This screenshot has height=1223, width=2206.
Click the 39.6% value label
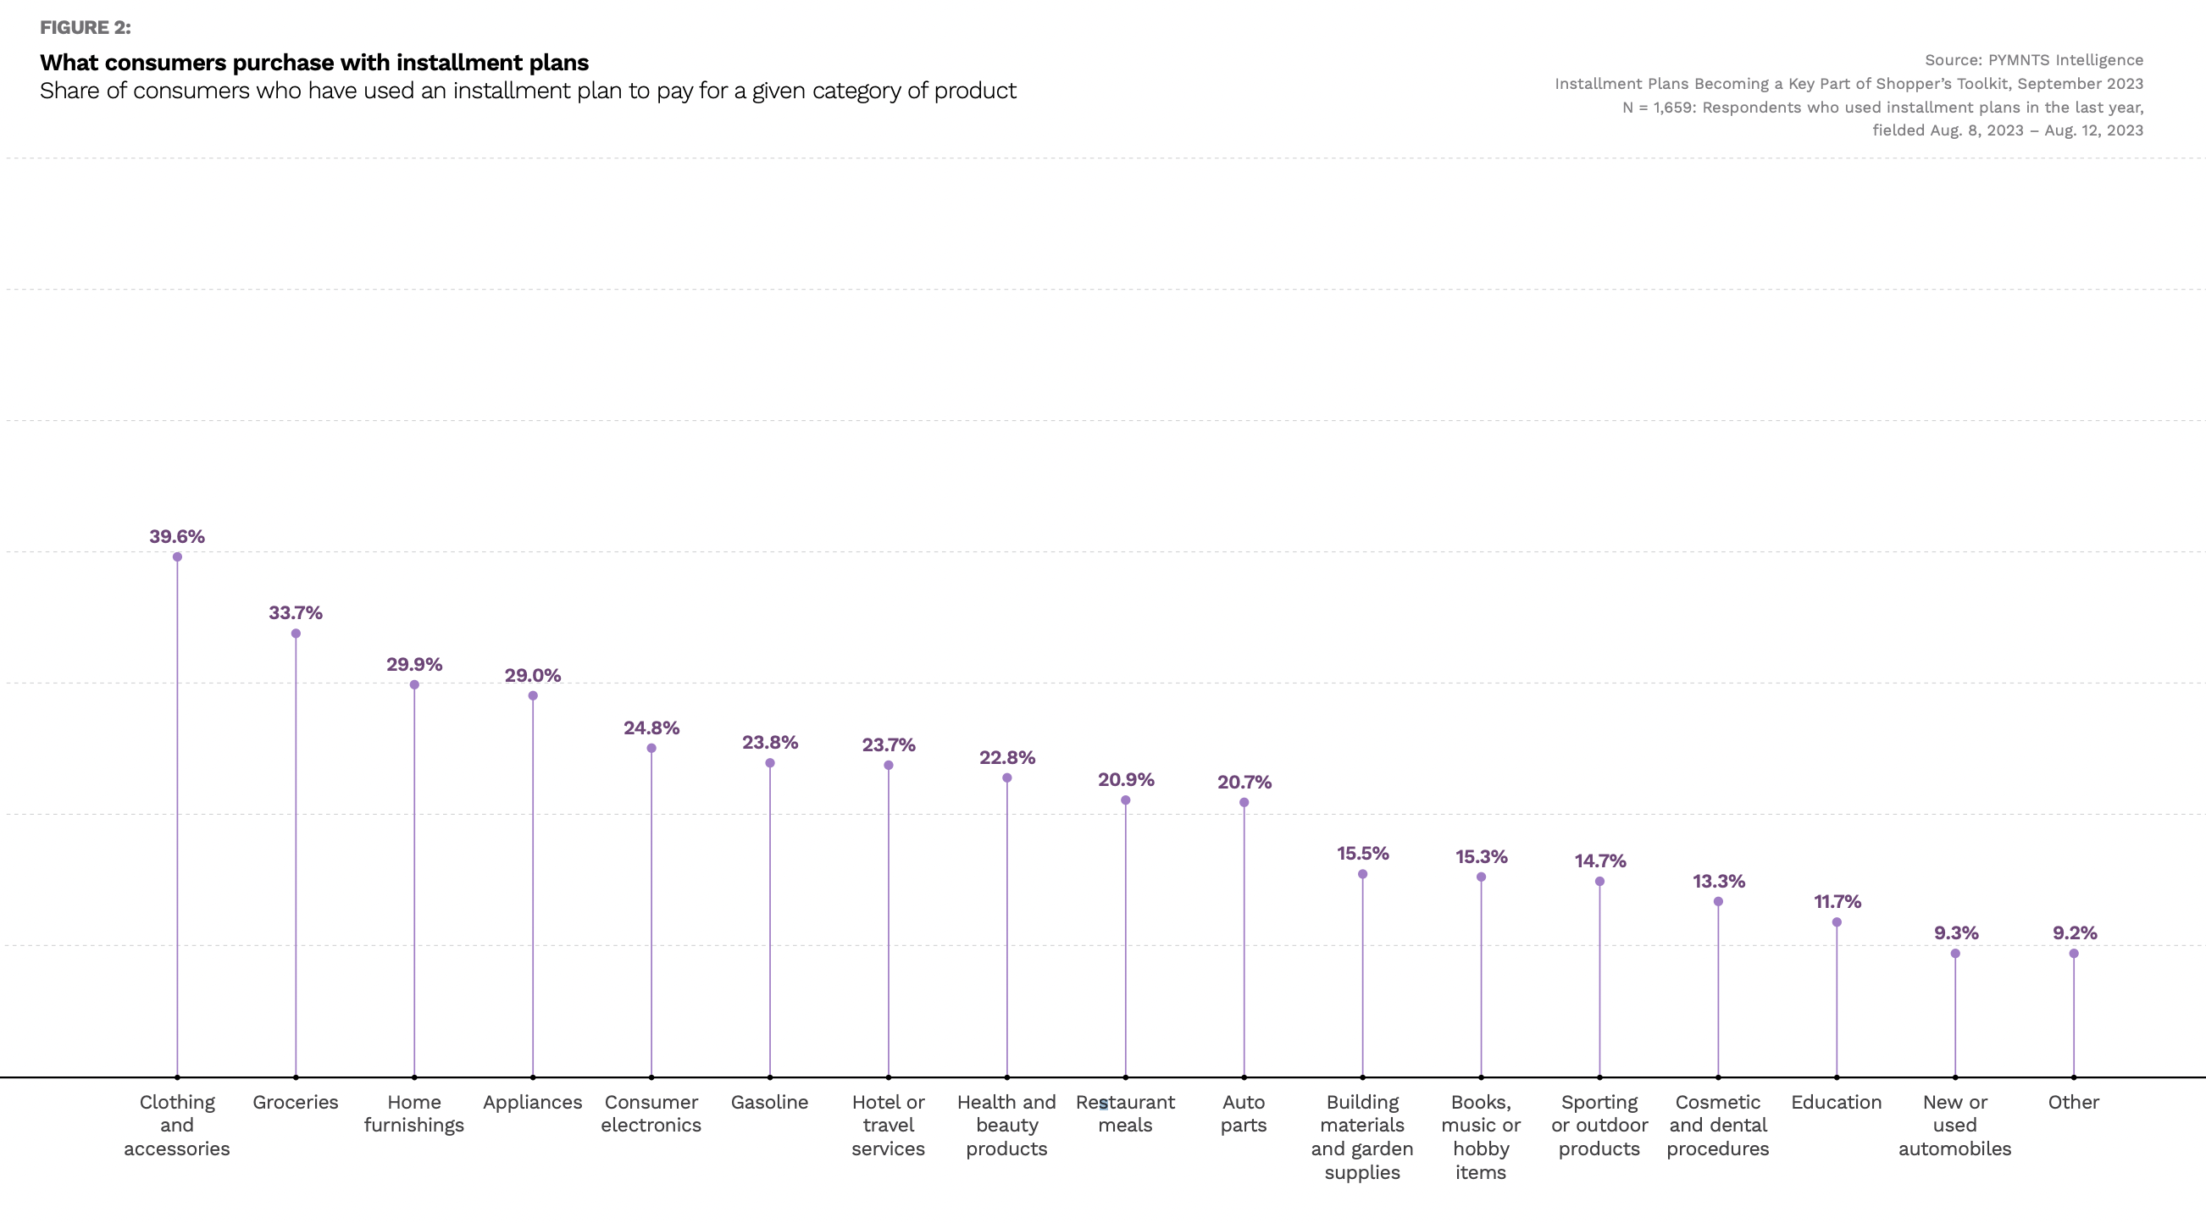(x=176, y=536)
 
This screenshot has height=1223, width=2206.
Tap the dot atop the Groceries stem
(x=296, y=634)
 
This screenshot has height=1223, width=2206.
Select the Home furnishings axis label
(x=413, y=1114)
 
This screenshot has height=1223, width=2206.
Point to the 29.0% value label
(x=532, y=675)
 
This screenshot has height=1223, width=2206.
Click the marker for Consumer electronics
(x=651, y=749)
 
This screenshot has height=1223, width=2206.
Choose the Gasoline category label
(x=769, y=1102)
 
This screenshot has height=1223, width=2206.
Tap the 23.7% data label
(x=888, y=744)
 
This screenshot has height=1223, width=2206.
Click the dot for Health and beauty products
(x=1007, y=778)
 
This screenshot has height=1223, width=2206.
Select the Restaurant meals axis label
(x=1125, y=1114)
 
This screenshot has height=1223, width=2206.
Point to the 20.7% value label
(x=1244, y=782)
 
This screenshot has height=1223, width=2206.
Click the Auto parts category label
(x=1244, y=1114)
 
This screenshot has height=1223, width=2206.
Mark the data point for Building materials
(x=1362, y=874)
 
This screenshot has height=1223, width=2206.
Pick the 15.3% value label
(x=1481, y=856)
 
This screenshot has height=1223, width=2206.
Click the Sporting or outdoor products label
(x=1599, y=1126)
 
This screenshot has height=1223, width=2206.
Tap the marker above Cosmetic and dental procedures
(x=1718, y=902)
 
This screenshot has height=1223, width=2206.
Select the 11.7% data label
(x=1837, y=901)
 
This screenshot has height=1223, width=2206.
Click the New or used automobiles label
(x=1954, y=1126)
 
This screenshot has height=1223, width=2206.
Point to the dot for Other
(x=2073, y=954)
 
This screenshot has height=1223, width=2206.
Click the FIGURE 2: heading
(x=86, y=27)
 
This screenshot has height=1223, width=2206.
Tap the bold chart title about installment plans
(x=314, y=63)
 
